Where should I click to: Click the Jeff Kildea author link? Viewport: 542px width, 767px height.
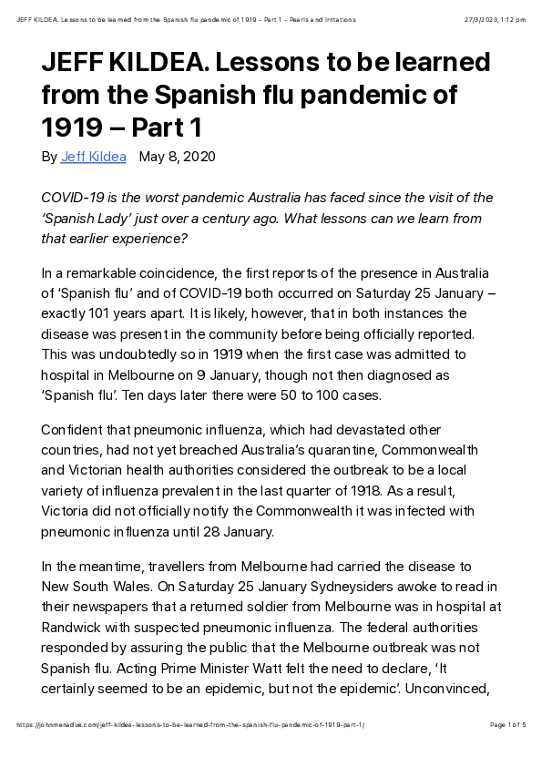[x=93, y=157]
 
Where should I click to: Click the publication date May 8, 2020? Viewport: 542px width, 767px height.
[x=177, y=157]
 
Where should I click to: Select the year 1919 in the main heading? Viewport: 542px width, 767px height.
[x=74, y=126]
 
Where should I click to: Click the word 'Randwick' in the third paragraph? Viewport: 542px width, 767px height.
[x=73, y=627]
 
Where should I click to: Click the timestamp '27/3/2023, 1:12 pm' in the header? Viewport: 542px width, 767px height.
[x=495, y=19]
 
